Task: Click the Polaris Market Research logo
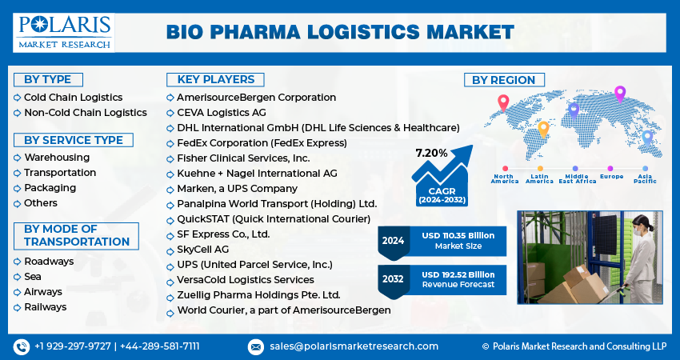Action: (64, 31)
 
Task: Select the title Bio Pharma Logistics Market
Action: (340, 32)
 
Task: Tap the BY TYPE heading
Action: (47, 79)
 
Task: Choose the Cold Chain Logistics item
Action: (73, 98)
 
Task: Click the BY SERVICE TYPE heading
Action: (74, 140)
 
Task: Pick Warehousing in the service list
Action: (56, 158)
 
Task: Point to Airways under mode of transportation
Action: (43, 292)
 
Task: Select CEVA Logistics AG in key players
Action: (222, 113)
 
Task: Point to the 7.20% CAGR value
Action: (431, 152)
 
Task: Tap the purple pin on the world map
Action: (619, 94)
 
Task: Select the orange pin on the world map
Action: (543, 129)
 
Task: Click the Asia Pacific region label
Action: (645, 178)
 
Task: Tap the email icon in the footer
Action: (256, 346)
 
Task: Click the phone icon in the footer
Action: (21, 346)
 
